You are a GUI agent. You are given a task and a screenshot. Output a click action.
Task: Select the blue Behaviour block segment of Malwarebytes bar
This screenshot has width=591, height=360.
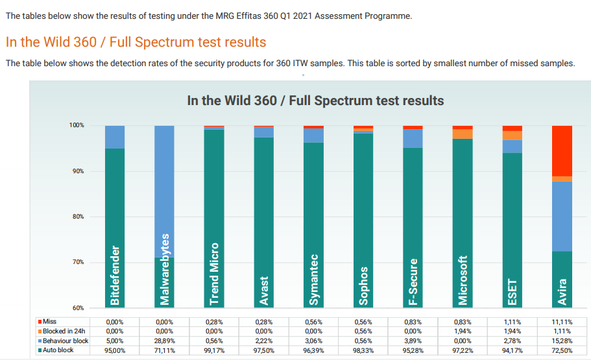[x=165, y=191]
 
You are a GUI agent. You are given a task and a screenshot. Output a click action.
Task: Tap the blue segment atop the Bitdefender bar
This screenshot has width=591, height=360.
[x=115, y=137]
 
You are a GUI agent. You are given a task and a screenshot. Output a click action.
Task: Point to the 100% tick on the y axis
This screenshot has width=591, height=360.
[x=77, y=125]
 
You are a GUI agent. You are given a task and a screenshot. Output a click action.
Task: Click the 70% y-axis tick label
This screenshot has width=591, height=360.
[x=77, y=262]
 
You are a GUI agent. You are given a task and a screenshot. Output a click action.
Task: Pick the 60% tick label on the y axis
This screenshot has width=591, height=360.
[x=77, y=307]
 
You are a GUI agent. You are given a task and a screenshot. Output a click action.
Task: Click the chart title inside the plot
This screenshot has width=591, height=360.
[x=315, y=101]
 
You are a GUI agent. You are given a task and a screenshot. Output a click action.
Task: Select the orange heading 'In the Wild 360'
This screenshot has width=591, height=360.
[x=136, y=42]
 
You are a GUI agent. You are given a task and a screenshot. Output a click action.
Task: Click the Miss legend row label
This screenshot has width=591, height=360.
[x=49, y=321]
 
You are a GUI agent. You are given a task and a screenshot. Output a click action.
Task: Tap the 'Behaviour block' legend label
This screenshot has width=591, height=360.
[x=65, y=341]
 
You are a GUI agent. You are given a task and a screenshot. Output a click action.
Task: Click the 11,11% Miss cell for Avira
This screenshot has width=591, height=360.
[x=562, y=321]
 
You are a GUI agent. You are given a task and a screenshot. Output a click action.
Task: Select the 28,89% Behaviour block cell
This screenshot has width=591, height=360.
[x=165, y=341]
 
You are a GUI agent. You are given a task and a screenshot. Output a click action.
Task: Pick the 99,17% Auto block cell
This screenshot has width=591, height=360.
[x=214, y=350]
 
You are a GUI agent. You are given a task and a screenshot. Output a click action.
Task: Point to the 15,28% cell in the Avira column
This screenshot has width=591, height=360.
[x=562, y=341]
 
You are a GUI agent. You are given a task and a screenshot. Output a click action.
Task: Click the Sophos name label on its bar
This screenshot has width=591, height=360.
[x=363, y=285]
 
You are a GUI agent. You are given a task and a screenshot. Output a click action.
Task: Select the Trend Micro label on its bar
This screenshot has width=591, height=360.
[x=214, y=274]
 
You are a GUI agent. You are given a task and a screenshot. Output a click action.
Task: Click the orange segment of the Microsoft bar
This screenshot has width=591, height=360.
[x=463, y=134]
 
